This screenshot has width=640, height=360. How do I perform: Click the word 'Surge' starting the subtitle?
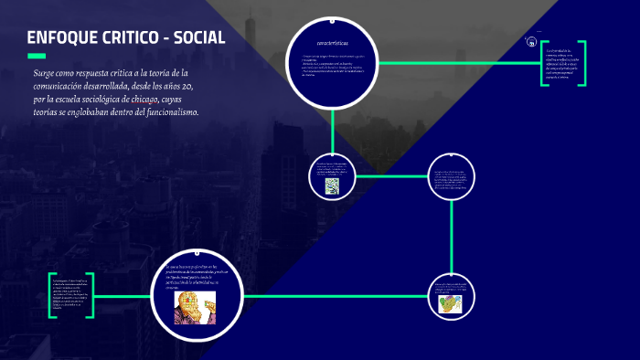pos(47,73)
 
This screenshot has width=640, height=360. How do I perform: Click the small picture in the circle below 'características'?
pos(332,185)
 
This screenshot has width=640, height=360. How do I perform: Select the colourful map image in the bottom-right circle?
pos(449,302)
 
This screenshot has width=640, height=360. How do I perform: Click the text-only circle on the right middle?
pos(452,176)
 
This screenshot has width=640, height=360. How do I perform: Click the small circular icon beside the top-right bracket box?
pos(531,41)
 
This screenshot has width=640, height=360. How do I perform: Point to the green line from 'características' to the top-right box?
pos(457,63)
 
